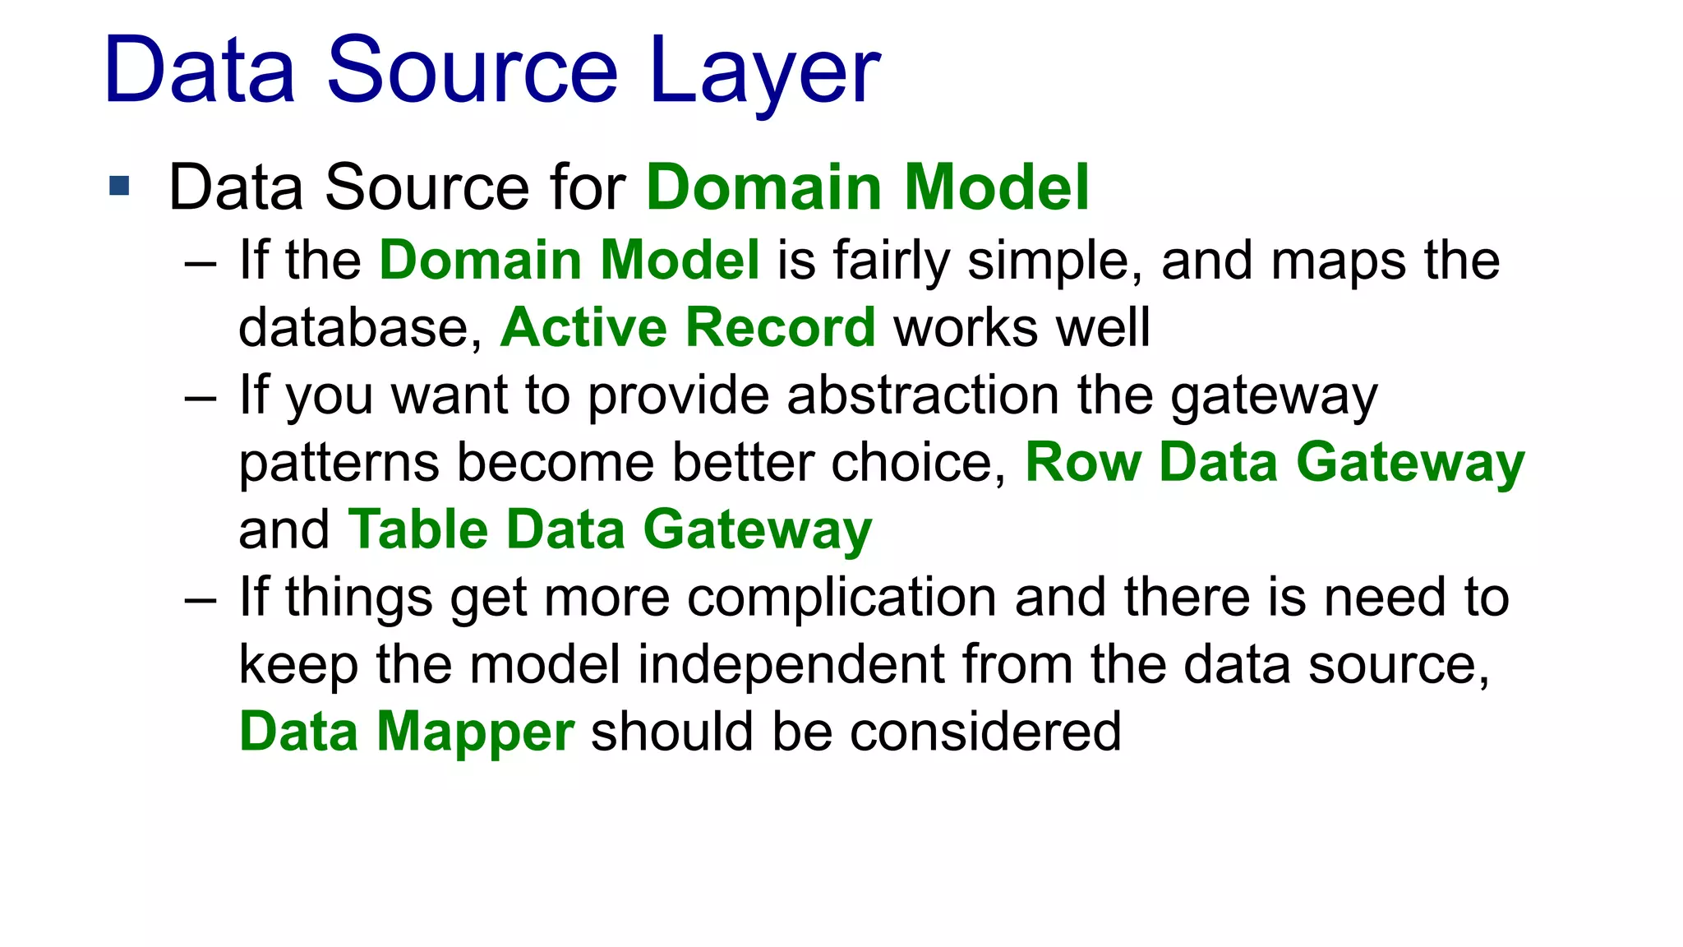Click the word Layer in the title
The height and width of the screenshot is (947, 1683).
pyautogui.click(x=764, y=72)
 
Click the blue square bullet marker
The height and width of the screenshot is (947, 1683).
pyautogui.click(x=119, y=186)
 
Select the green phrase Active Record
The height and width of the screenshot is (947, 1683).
pyautogui.click(x=688, y=327)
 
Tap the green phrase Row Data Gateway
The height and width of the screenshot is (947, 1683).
pyautogui.click(x=1275, y=462)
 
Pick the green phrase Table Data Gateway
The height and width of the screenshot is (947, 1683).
pyautogui.click(x=610, y=529)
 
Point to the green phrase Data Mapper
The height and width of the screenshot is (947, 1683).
pyautogui.click(x=407, y=731)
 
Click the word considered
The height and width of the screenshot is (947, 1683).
pyautogui.click(x=985, y=731)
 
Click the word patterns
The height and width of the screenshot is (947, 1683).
pyautogui.click(x=339, y=462)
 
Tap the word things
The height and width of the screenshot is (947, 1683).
pyautogui.click(x=359, y=598)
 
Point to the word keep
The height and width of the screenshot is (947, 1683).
pyautogui.click(x=298, y=665)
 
